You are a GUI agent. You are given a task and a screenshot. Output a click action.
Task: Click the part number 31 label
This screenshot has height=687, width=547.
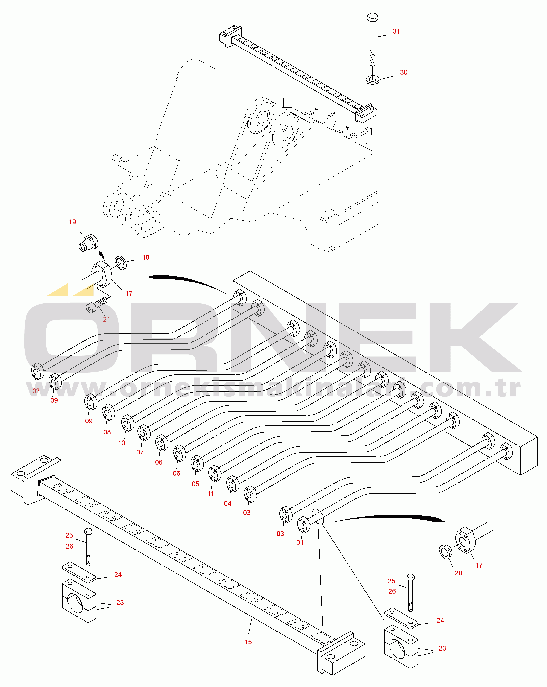[x=396, y=31]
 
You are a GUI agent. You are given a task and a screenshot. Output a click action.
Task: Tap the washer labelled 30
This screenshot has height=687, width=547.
[x=372, y=79]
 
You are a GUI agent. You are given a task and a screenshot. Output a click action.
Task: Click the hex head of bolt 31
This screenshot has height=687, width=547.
[x=372, y=17]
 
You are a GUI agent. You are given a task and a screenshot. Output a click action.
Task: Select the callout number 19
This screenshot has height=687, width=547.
[x=72, y=222]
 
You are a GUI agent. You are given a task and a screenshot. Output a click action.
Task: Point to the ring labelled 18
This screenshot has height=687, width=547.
[x=121, y=262]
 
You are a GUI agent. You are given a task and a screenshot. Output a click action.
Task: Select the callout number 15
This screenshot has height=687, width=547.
[x=248, y=642]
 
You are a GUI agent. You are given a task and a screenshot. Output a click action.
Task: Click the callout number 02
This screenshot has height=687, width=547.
[x=36, y=391]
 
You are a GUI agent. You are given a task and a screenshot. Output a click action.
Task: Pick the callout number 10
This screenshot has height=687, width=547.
[x=122, y=443]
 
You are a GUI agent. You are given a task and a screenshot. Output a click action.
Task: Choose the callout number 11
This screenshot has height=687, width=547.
[x=211, y=493]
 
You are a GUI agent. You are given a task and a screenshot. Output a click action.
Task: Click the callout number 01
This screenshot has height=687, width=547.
[x=300, y=542]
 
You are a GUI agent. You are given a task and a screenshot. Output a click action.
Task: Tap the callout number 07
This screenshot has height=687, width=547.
[x=140, y=452]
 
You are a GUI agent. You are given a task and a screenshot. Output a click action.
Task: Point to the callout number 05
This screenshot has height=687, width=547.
[x=195, y=484]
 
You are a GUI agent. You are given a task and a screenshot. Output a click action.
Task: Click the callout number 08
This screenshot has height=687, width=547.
[x=107, y=432]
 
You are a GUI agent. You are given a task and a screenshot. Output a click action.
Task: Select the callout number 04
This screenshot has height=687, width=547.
[x=227, y=504]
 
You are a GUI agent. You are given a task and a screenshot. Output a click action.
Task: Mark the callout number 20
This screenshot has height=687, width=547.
[x=458, y=573]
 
